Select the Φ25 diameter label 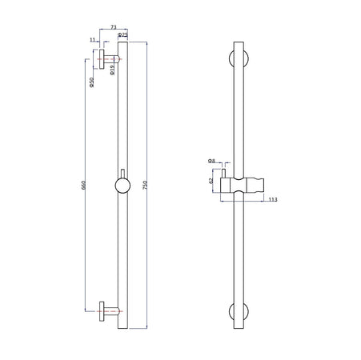point(122,36)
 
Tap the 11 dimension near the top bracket point(93,39)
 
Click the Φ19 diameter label point(113,70)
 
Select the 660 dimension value point(84,185)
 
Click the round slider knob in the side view point(122,186)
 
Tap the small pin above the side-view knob point(122,174)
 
